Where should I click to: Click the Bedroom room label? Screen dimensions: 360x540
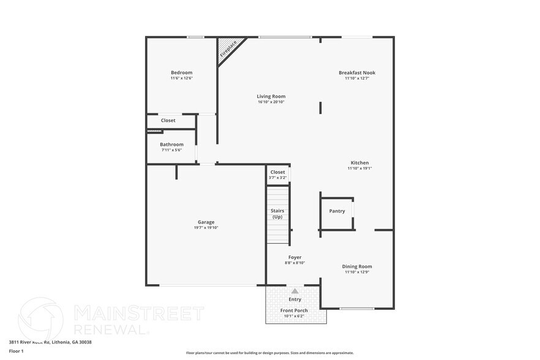(181, 73)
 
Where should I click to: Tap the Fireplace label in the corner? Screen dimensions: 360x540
(228, 48)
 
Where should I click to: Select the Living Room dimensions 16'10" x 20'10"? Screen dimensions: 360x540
(271, 102)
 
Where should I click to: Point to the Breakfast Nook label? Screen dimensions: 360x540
(357, 73)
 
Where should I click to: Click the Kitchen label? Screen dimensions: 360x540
(359, 163)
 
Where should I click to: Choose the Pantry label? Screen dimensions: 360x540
(337, 211)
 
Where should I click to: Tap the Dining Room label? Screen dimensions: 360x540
(357, 266)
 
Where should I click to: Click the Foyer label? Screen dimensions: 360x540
(294, 257)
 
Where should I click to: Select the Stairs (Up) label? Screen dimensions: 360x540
(277, 214)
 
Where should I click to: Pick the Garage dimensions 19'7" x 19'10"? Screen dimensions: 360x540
(206, 228)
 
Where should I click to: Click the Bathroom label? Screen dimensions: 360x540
(171, 144)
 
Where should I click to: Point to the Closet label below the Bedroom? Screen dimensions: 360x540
(168, 121)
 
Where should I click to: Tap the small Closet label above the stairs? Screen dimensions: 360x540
(277, 172)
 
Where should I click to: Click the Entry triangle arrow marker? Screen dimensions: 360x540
(294, 291)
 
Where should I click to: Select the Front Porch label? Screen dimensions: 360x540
(294, 310)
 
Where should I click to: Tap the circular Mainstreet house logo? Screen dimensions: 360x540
(40, 318)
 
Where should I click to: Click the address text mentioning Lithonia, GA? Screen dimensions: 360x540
(50, 342)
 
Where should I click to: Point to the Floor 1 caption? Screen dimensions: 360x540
(16, 351)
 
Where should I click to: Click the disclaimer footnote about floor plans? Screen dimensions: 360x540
(269, 353)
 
